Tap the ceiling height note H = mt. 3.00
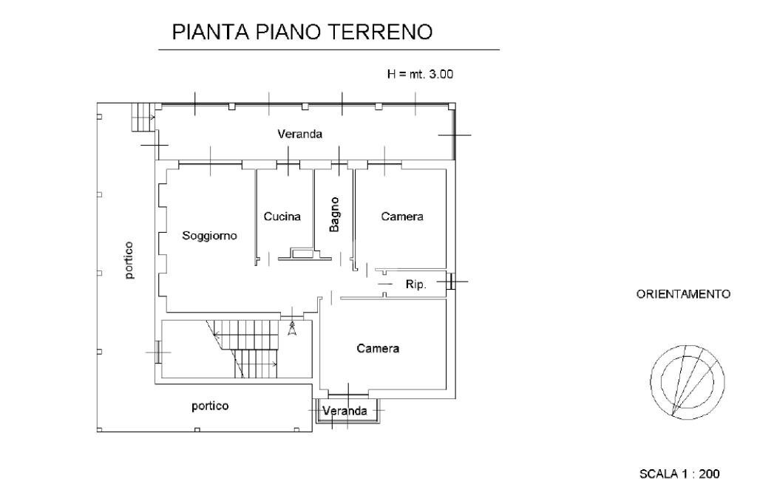click(x=421, y=74)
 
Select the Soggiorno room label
click(x=210, y=236)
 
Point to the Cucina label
click(x=282, y=217)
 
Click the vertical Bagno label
click(x=334, y=214)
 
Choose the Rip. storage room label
click(x=416, y=285)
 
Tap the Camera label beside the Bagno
click(x=402, y=217)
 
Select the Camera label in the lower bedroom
click(x=378, y=348)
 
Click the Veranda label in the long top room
click(x=300, y=134)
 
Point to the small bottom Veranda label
click(x=345, y=411)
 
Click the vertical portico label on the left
click(x=129, y=260)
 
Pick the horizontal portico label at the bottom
click(x=210, y=406)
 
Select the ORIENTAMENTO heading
click(x=683, y=294)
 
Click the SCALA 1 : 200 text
click(x=679, y=474)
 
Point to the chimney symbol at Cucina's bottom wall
click(x=302, y=253)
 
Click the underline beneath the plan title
click(x=329, y=50)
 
